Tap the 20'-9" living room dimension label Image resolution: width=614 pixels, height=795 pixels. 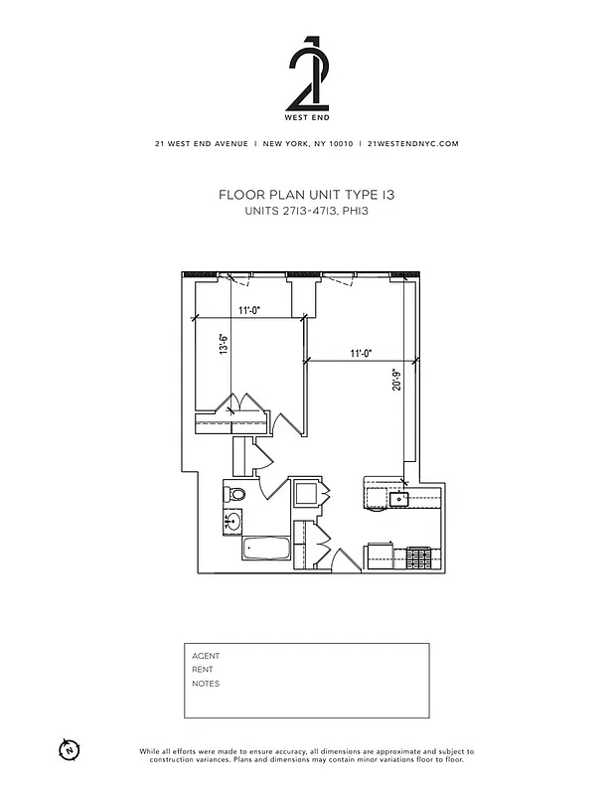click(x=396, y=381)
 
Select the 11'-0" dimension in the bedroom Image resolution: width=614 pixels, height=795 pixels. click(x=248, y=310)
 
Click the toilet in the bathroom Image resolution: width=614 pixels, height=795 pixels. click(x=235, y=494)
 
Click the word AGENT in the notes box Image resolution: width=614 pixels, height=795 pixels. click(x=206, y=656)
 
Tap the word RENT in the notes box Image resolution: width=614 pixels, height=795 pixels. click(x=203, y=670)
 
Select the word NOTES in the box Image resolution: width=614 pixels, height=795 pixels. click(x=206, y=684)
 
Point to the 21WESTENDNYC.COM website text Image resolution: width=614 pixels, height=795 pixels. click(x=412, y=143)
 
